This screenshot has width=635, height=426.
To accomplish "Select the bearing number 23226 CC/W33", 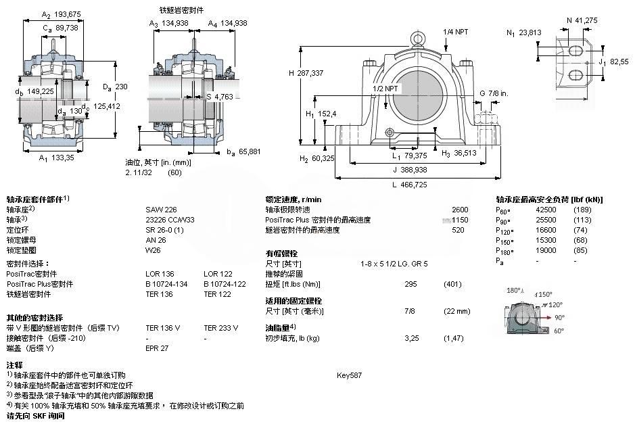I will [170, 220].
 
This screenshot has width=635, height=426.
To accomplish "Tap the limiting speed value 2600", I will [459, 210].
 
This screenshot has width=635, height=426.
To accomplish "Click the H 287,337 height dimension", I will [305, 72].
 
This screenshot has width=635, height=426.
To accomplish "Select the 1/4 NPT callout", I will [456, 32].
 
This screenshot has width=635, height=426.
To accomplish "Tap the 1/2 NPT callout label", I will [386, 89].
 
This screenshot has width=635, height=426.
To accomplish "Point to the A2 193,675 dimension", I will [61, 14].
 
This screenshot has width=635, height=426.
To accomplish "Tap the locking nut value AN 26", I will [156, 240].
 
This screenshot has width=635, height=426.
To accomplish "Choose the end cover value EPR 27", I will [157, 348].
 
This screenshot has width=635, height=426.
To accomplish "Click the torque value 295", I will [410, 284].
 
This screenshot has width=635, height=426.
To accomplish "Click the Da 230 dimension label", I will [115, 87].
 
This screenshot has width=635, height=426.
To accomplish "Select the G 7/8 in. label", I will [494, 93].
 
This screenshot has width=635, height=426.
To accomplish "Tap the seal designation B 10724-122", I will [225, 284].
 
